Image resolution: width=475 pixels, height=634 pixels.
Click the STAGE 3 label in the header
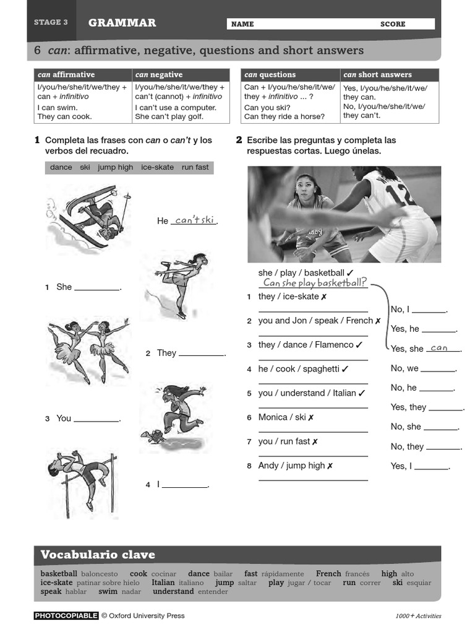51,22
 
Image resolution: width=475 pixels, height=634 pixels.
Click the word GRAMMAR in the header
122,23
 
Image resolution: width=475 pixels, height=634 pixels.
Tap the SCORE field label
393,24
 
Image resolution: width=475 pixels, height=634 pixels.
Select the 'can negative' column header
159,75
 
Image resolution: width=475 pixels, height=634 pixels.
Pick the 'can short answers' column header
377,75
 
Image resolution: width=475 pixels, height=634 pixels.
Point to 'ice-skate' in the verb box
157,167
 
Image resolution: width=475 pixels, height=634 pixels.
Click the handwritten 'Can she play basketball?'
314,283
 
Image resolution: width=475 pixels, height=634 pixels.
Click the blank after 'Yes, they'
445,407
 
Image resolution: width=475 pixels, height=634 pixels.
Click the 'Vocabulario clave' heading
98,554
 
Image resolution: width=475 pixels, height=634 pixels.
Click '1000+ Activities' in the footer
418,616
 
